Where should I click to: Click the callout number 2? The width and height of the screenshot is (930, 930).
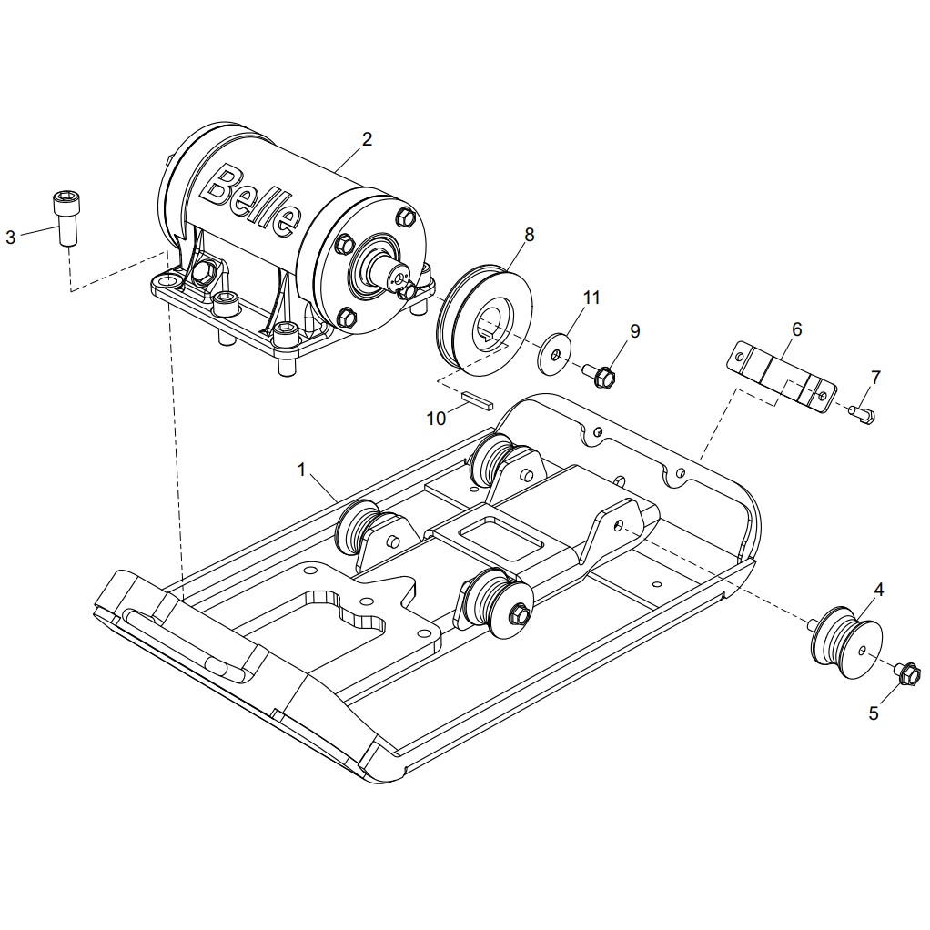(367, 139)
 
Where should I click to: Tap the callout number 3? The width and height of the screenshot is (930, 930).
(11, 238)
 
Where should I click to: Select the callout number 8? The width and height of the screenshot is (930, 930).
(529, 235)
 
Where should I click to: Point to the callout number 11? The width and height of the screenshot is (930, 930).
(591, 298)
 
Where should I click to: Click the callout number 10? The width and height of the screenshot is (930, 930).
(436, 419)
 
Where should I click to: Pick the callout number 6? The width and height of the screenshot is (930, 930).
(796, 329)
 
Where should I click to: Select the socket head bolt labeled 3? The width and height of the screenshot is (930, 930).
(66, 217)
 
